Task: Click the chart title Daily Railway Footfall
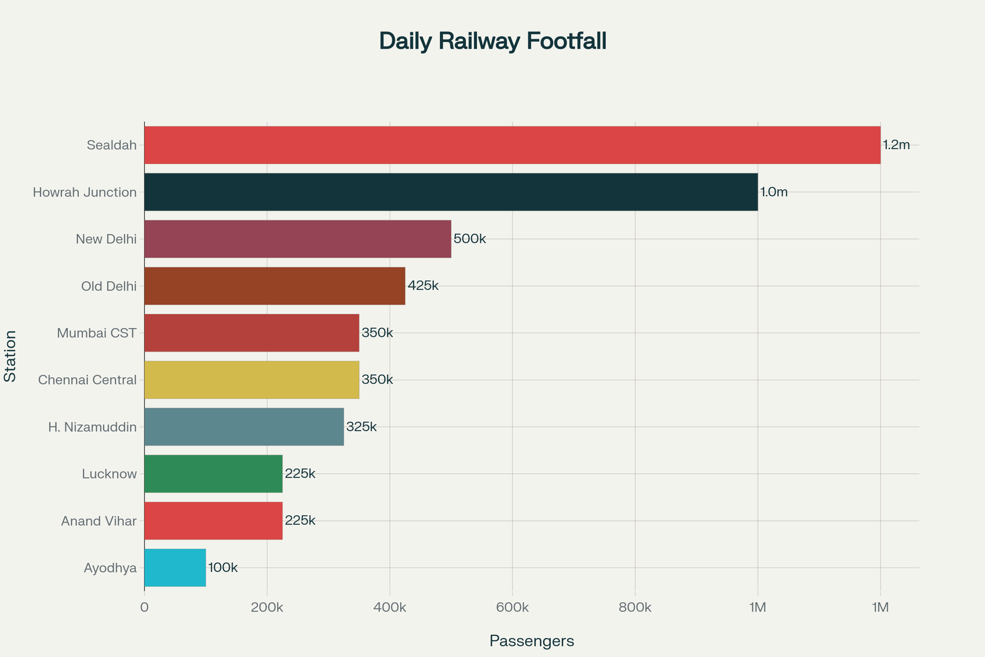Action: [x=492, y=41]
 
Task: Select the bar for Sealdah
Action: [x=512, y=145]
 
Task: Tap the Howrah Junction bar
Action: [x=451, y=192]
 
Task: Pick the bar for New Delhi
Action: [x=297, y=239]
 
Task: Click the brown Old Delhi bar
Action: [x=275, y=286]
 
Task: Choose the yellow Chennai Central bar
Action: [x=251, y=380]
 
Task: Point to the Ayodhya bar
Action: [x=175, y=568]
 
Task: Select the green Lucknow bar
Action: [x=213, y=474]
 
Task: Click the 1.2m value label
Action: [x=896, y=145]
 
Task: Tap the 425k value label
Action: [x=423, y=286]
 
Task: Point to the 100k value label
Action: [x=223, y=568]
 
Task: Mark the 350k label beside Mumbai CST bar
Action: [x=377, y=333]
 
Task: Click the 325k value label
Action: [x=361, y=427]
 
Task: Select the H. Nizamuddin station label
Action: [x=92, y=427]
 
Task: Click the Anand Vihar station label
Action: [x=98, y=521]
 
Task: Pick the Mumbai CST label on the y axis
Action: [x=97, y=333]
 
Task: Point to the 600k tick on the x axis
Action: [x=512, y=608]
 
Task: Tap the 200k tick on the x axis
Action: [x=267, y=608]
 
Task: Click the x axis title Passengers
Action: [x=531, y=641]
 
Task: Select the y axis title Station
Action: [x=10, y=356]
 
